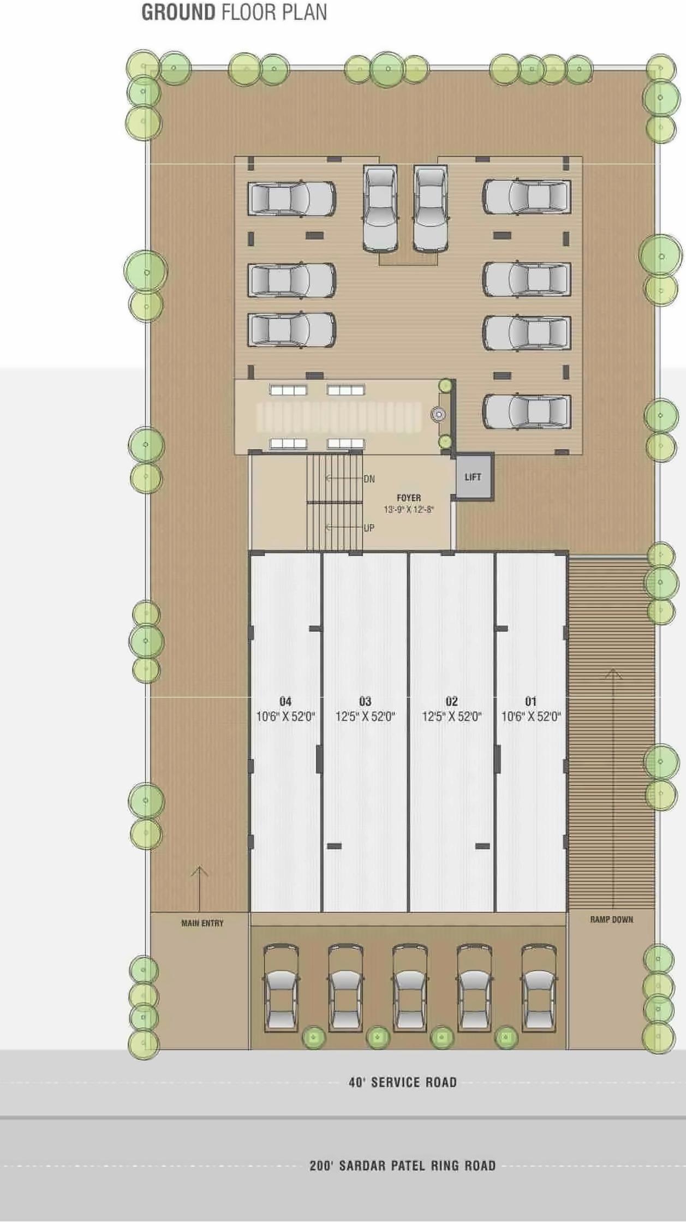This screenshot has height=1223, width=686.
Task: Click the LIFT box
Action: (x=473, y=476)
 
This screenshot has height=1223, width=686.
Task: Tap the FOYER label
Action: (x=409, y=498)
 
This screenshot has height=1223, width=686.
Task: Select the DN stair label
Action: (x=369, y=479)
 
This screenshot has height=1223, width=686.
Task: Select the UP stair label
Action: (x=369, y=528)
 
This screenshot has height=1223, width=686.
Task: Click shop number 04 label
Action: (x=285, y=701)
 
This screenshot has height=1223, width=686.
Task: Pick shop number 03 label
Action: (x=365, y=701)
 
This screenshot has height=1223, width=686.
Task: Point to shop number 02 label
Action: (x=451, y=701)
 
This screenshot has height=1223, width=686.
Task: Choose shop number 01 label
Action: (x=530, y=701)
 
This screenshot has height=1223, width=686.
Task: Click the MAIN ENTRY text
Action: (x=202, y=923)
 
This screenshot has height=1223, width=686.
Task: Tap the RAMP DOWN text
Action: (x=612, y=920)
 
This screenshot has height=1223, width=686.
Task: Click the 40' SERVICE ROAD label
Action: (x=403, y=1082)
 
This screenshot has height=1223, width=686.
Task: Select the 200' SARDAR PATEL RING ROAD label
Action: (x=403, y=1166)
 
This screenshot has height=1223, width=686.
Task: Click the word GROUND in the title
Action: (x=178, y=13)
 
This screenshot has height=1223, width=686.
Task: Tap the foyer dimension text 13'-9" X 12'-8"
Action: (x=409, y=510)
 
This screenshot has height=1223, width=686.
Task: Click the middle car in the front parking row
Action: (x=410, y=989)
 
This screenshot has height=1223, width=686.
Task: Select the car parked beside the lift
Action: (x=527, y=411)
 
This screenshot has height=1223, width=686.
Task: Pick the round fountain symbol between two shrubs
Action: (x=438, y=415)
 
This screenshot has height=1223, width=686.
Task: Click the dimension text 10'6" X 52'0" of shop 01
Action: (x=531, y=717)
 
